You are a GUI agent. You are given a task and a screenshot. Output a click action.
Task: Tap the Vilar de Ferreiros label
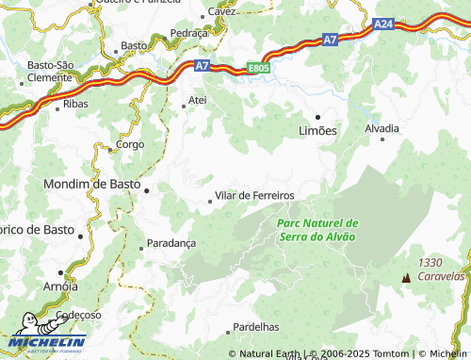click(x=254, y=195)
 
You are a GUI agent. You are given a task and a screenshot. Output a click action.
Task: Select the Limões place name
click(x=317, y=131)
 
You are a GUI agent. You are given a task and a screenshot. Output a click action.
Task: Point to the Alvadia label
click(x=382, y=127)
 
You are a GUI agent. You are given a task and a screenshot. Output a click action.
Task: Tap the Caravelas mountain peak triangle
click(x=406, y=278)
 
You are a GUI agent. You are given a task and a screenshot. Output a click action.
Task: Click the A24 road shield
click(x=383, y=25)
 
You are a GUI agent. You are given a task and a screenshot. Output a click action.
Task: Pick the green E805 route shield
click(x=258, y=68)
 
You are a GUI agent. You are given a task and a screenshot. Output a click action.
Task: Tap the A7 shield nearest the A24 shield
click(x=330, y=40)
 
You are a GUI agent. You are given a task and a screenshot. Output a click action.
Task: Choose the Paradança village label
click(x=171, y=242)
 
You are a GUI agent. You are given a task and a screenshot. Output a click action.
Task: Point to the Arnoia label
click(x=61, y=286)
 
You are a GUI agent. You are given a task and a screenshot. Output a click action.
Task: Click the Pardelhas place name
click(x=255, y=326)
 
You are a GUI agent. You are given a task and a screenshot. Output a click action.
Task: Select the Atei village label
click(x=197, y=99)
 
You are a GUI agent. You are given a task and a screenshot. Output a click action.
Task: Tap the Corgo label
click(x=129, y=145)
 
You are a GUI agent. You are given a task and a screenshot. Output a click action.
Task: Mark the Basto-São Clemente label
click(x=50, y=71)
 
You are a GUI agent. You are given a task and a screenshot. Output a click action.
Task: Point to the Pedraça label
click(x=188, y=32)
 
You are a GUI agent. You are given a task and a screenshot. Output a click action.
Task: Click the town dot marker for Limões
click(x=317, y=117)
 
